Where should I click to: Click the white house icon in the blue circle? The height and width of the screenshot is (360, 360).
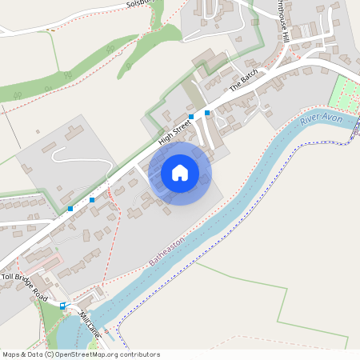pos(180,172)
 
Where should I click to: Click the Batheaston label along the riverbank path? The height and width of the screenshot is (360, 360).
pos(167,251)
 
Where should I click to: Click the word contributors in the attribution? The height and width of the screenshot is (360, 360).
pos(138,354)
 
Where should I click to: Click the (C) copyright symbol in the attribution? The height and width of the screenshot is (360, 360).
pos(50,354)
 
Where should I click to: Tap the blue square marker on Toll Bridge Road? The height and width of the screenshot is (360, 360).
pos(63,305)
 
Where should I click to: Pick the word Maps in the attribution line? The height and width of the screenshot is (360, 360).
pos(11,354)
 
